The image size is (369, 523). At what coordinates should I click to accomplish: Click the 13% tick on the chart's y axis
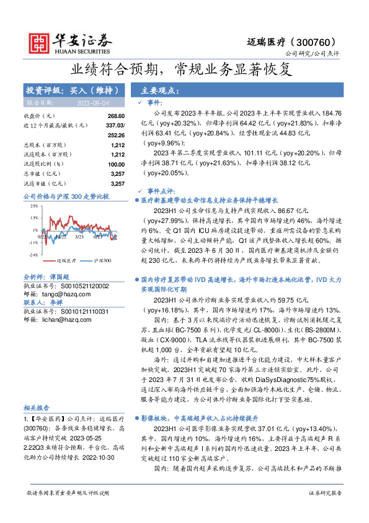(33, 217)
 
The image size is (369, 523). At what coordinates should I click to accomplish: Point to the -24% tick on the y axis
(32, 255)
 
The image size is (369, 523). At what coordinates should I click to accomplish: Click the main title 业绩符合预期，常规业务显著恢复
(184, 68)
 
